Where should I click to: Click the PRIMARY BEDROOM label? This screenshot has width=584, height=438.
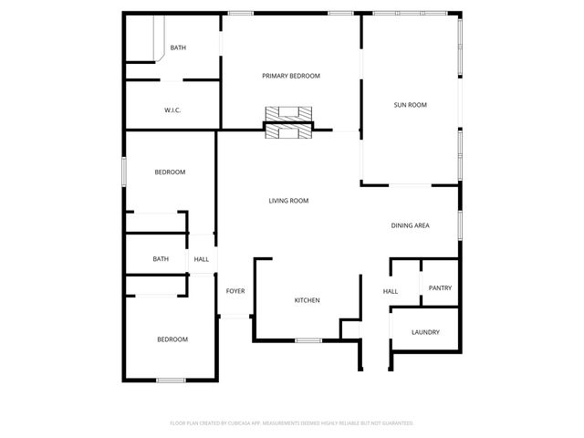click(291, 76)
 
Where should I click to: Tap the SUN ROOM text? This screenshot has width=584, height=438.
click(410, 105)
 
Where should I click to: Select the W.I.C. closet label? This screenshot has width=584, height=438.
click(172, 110)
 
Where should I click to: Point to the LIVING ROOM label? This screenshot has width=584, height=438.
click(288, 201)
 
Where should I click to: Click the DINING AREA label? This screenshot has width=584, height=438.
click(410, 225)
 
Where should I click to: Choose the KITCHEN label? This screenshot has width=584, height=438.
click(307, 300)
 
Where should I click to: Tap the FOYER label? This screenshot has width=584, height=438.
click(235, 291)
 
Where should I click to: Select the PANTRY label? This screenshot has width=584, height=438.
click(440, 288)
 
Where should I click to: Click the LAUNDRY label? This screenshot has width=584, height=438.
click(425, 332)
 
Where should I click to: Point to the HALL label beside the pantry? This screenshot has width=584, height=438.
click(390, 291)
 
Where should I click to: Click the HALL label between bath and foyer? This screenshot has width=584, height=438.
click(201, 259)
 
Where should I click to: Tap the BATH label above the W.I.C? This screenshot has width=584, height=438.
click(178, 47)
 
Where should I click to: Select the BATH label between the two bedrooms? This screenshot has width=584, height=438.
click(161, 259)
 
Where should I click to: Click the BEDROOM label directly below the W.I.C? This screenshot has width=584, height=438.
click(170, 172)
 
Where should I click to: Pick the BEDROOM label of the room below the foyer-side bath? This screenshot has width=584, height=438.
click(172, 339)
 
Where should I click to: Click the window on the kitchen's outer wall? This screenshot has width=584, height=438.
click(308, 340)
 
